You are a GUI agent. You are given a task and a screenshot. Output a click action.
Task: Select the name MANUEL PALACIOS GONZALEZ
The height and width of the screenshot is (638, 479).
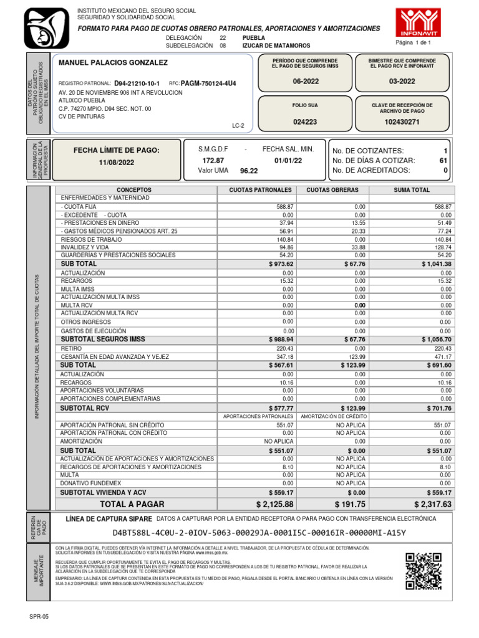[113, 63]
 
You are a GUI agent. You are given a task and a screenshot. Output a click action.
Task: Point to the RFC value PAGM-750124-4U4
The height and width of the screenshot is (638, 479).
[208, 83]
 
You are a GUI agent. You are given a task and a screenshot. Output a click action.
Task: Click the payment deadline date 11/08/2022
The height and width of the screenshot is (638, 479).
[117, 163]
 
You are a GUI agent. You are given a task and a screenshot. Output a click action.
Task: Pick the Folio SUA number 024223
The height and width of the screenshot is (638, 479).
[305, 122]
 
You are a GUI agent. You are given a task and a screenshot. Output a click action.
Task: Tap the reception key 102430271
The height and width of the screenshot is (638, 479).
[402, 122]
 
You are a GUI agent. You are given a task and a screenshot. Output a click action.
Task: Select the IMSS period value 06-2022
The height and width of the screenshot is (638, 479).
[305, 82]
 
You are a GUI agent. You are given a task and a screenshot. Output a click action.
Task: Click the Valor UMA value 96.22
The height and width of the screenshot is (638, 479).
[249, 170]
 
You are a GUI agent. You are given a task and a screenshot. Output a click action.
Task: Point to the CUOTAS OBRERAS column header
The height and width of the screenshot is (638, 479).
[332, 189]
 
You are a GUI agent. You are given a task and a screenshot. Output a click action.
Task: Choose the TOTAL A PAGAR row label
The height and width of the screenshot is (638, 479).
[132, 504]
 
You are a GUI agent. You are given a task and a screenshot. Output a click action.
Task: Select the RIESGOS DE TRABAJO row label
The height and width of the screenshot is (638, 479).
[90, 239]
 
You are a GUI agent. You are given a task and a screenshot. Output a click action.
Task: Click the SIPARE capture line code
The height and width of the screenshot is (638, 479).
[259, 533]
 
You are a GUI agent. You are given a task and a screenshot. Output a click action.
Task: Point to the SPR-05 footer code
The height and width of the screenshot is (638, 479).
[39, 616]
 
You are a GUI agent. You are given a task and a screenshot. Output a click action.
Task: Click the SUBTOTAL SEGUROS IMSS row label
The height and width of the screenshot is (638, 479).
[103, 339]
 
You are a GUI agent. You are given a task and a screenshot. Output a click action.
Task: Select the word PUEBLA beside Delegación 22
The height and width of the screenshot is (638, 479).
[253, 37]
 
